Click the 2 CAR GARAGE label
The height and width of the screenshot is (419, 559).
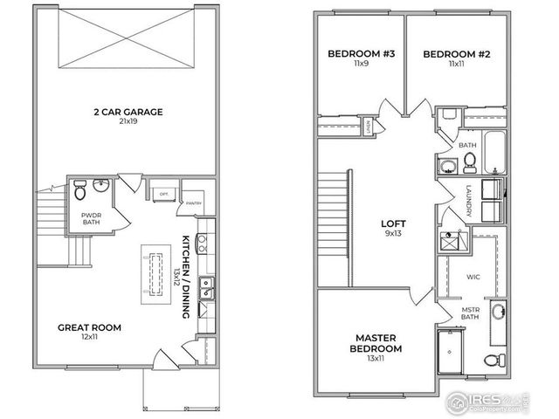(129, 111)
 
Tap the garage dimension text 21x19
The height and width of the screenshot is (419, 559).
(129, 121)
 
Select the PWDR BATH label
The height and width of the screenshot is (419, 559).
(92, 217)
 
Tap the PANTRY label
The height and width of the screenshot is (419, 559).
(191, 203)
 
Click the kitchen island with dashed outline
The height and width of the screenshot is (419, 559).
(158, 274)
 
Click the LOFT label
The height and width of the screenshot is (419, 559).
(391, 223)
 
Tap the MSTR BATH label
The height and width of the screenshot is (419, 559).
(472, 312)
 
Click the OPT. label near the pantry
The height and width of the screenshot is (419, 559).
(163, 192)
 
